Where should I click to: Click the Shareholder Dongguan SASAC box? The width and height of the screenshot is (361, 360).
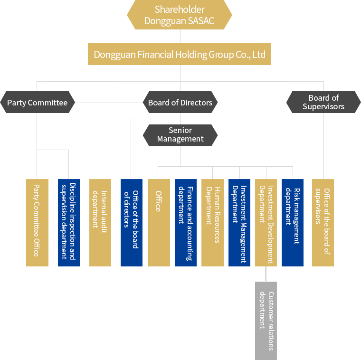180,15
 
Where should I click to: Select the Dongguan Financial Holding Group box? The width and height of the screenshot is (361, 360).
180,55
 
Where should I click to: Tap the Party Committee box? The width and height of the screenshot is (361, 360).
38,102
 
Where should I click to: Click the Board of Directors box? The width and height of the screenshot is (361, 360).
180,102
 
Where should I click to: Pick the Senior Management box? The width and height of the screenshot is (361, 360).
180,135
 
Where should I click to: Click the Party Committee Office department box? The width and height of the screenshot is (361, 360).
37,222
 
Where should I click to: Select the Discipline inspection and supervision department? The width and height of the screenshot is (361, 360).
69,222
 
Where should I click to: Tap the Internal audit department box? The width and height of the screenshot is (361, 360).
100,222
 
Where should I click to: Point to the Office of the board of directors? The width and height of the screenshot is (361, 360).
132,222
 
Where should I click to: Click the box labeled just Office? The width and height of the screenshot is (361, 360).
159,222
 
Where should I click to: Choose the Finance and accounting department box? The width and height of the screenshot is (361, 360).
186,222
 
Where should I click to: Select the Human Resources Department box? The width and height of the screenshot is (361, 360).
212,222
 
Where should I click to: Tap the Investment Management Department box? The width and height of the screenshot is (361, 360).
239,222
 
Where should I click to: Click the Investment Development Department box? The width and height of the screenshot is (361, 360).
266,222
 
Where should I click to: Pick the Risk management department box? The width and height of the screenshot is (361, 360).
293,222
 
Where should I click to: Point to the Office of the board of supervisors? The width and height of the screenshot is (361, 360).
323,222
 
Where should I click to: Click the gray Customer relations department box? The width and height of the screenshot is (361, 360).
266,321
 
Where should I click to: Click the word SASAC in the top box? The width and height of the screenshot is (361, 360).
200,21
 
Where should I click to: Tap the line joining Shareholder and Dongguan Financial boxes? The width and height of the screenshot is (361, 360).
180,37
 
